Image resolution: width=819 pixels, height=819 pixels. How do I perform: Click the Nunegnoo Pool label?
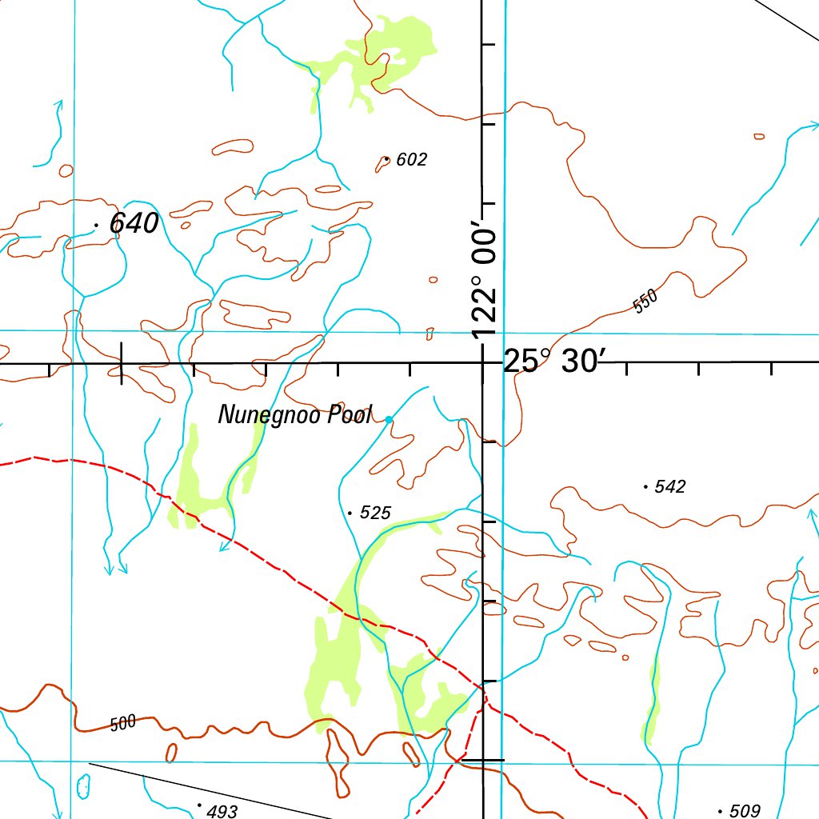tap(295, 415)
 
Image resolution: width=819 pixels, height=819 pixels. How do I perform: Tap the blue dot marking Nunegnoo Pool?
tap(389, 419)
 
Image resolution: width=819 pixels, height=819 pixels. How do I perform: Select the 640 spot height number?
tap(134, 224)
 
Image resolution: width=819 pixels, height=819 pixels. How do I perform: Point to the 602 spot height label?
tap(411, 160)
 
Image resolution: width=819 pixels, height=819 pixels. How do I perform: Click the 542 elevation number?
tap(670, 486)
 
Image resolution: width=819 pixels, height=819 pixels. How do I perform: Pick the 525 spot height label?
tap(375, 513)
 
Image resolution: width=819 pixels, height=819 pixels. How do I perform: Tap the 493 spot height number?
tap(222, 812)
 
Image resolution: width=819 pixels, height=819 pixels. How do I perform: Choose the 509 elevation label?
tap(745, 811)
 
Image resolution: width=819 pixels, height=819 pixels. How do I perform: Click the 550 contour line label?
tap(645, 302)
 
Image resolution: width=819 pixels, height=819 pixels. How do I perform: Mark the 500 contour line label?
tap(123, 725)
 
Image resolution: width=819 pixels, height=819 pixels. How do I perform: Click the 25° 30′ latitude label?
tap(551, 362)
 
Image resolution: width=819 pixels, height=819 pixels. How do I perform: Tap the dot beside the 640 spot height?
tap(96, 226)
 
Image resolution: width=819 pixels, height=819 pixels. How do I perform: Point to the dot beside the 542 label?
tap(645, 485)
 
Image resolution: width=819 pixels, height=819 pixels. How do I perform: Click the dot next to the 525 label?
tap(350, 512)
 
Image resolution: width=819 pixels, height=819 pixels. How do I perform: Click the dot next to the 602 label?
tap(387, 159)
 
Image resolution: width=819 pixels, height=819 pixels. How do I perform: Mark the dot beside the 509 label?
tap(721, 811)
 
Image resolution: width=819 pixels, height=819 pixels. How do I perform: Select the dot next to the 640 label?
tap(96, 226)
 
